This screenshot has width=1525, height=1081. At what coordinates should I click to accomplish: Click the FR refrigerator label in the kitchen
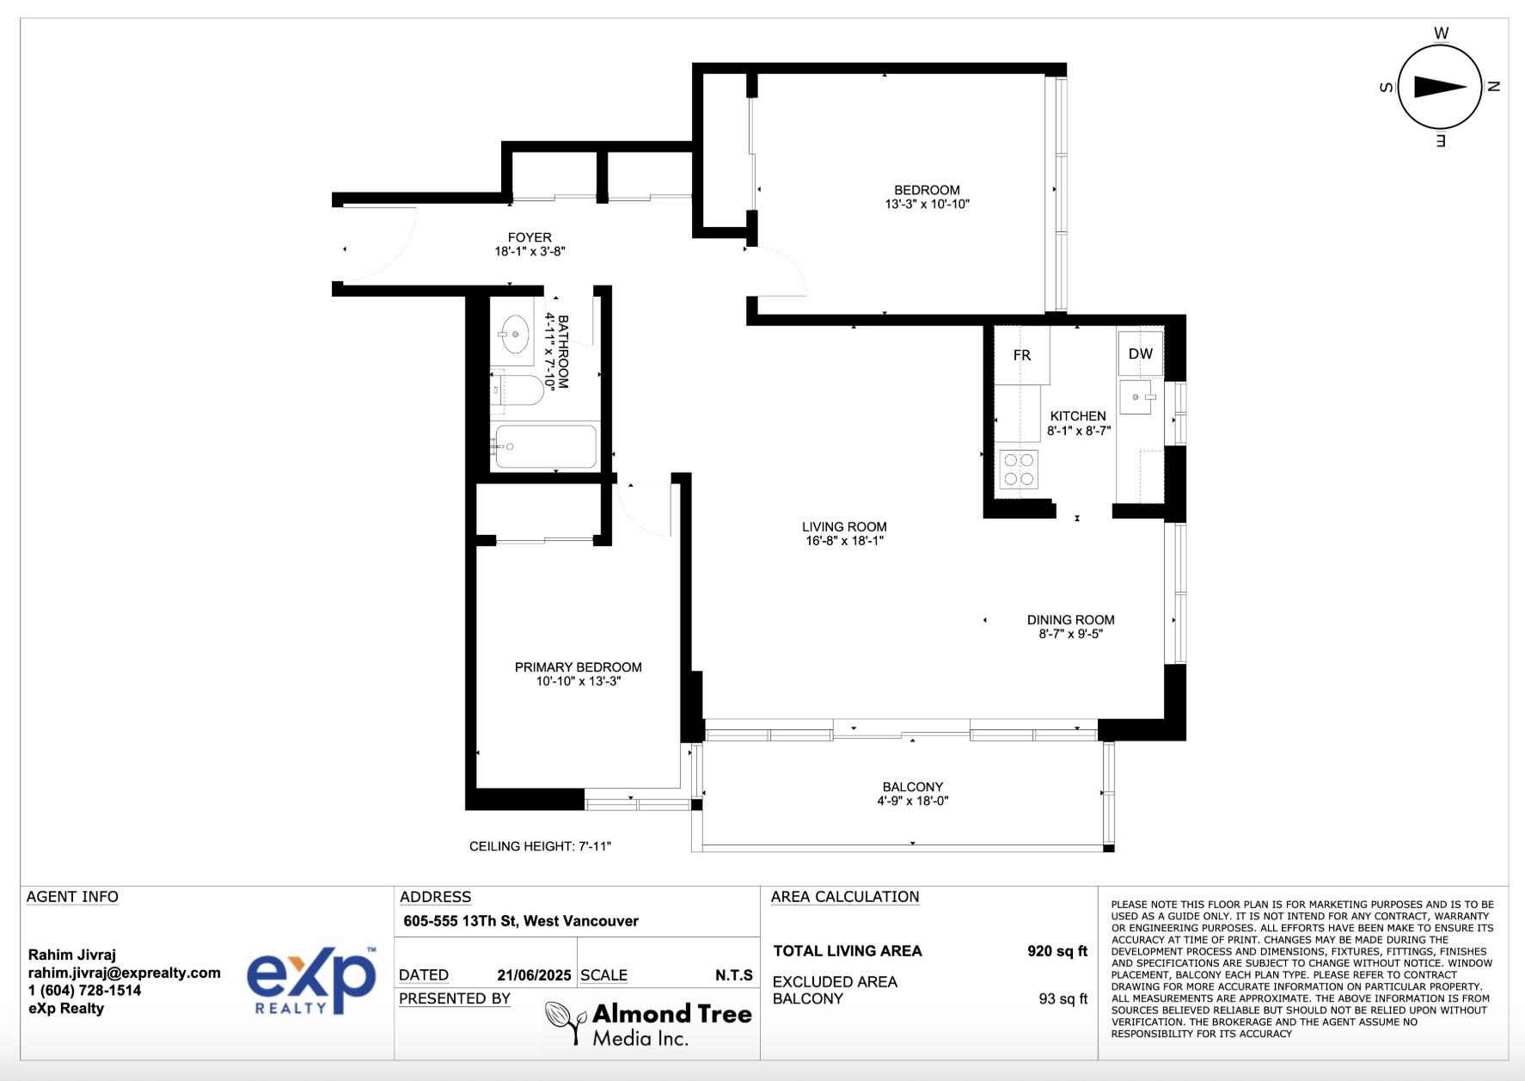(1021, 355)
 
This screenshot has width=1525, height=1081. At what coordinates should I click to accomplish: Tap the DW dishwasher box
(1140, 353)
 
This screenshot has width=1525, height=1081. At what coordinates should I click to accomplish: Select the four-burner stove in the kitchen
(1019, 470)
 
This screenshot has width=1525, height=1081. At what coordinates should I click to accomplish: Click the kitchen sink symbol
(1138, 397)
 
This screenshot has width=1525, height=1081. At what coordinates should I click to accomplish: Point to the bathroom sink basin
(515, 334)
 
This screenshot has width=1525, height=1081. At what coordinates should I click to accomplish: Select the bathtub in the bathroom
(544, 446)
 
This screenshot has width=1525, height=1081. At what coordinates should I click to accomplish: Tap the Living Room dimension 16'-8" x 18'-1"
(843, 541)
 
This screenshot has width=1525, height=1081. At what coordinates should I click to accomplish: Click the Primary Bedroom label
(578, 667)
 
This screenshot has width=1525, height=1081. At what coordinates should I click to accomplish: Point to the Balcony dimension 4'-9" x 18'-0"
(912, 801)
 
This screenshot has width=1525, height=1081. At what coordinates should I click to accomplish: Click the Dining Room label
(1070, 620)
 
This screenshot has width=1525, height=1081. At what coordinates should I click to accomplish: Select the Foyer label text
(530, 237)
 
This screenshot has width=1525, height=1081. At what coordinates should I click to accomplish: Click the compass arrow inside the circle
(1440, 86)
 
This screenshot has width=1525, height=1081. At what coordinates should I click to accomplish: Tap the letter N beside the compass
(1494, 86)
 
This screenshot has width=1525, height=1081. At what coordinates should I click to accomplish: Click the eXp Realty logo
(311, 981)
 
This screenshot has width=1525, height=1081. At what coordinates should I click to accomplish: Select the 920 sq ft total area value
(1056, 951)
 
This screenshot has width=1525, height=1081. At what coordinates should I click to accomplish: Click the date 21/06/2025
(534, 975)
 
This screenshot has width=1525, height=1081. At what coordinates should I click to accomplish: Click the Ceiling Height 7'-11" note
(540, 846)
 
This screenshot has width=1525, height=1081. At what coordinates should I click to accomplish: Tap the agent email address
(125, 973)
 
